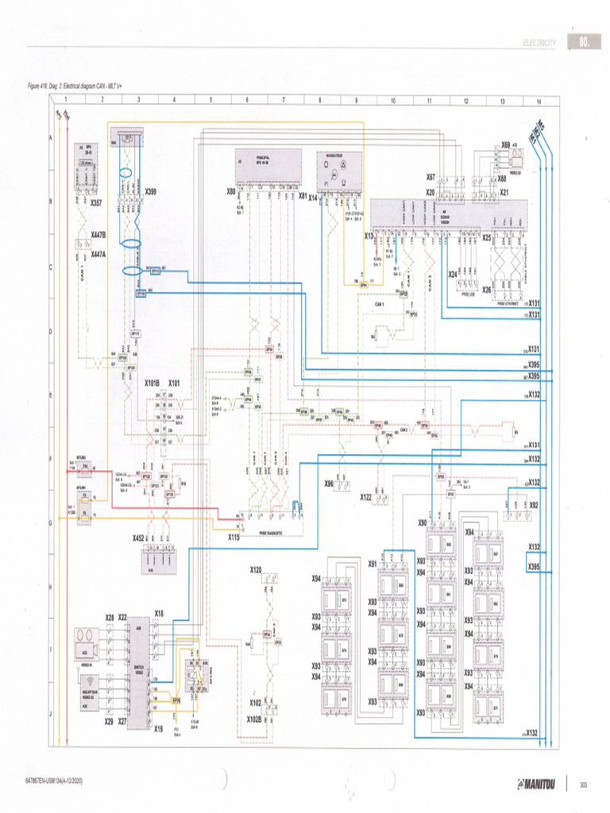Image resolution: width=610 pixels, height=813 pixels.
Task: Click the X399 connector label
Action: pyautogui.click(x=150, y=192)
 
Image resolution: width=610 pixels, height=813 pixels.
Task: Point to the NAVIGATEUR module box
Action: pyautogui.click(x=340, y=170)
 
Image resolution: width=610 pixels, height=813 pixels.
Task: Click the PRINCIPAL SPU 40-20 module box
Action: pyautogui.click(x=268, y=168)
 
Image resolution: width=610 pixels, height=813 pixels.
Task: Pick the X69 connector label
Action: pyautogui.click(x=506, y=144)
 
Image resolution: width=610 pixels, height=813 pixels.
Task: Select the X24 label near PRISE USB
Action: pyautogui.click(x=453, y=274)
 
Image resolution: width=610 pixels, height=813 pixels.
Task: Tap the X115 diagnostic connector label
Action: pyautogui.click(x=234, y=538)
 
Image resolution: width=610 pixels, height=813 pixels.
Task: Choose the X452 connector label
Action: pyautogui.click(x=139, y=538)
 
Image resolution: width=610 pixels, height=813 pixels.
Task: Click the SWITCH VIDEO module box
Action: pyautogui.click(x=138, y=672)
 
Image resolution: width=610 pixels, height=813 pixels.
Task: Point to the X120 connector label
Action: pyautogui.click(x=256, y=570)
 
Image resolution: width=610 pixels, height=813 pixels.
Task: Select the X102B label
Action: pyautogui.click(x=254, y=719)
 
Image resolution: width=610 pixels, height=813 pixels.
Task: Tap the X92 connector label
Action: pyautogui.click(x=533, y=504)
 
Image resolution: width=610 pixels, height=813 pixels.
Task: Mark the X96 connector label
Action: pyautogui.click(x=328, y=483)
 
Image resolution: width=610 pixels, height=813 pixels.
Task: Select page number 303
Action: pyautogui.click(x=584, y=784)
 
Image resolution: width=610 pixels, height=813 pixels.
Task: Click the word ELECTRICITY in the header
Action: pyautogui.click(x=539, y=42)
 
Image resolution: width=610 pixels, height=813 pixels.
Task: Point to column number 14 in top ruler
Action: pyautogui.click(x=539, y=101)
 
